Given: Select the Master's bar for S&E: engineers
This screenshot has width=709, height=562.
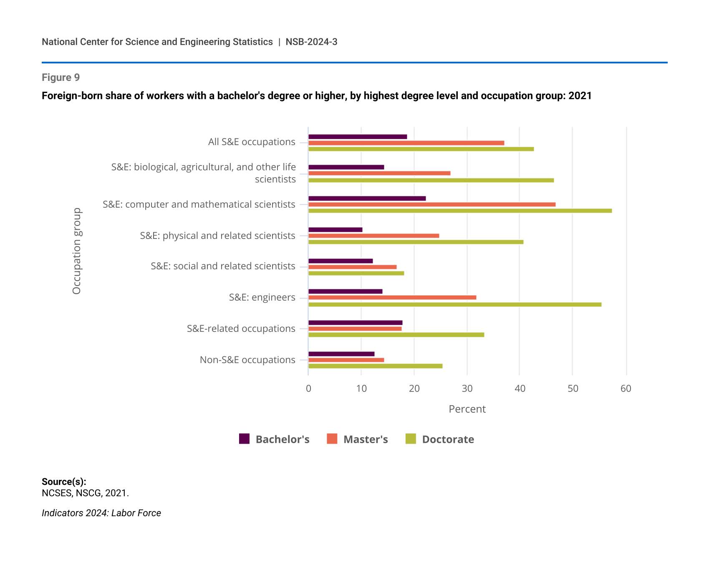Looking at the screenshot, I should (392, 297).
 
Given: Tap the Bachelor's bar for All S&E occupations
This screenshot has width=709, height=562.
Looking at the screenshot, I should (358, 137).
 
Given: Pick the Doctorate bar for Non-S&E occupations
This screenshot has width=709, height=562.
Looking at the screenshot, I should (375, 366).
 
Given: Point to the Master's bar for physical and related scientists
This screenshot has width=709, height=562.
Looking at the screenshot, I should (373, 236).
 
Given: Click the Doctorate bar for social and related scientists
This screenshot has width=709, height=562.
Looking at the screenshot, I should (356, 273).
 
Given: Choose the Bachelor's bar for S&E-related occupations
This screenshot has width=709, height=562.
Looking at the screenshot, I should (355, 323).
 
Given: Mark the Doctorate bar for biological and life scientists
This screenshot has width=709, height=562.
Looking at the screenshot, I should (431, 180).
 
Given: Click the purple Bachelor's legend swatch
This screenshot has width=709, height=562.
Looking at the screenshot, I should (244, 439).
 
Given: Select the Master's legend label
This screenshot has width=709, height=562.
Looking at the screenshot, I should (366, 439).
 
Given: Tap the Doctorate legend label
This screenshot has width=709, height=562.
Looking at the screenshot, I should (448, 439).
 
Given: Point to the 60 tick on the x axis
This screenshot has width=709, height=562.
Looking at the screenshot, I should (626, 389).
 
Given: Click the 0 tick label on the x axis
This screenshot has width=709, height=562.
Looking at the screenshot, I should (308, 389).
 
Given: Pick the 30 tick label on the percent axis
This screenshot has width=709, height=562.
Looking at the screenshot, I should (467, 389).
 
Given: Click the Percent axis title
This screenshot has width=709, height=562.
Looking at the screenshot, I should (467, 409).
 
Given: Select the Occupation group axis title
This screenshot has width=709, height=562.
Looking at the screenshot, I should (77, 251).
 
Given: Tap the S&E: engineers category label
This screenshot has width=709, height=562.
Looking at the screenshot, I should (262, 297).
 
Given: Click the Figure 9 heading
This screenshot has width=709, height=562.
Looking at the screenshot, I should (61, 78).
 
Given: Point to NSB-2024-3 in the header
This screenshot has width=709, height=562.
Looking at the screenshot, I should (311, 42).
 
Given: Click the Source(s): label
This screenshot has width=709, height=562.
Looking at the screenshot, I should (64, 482).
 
